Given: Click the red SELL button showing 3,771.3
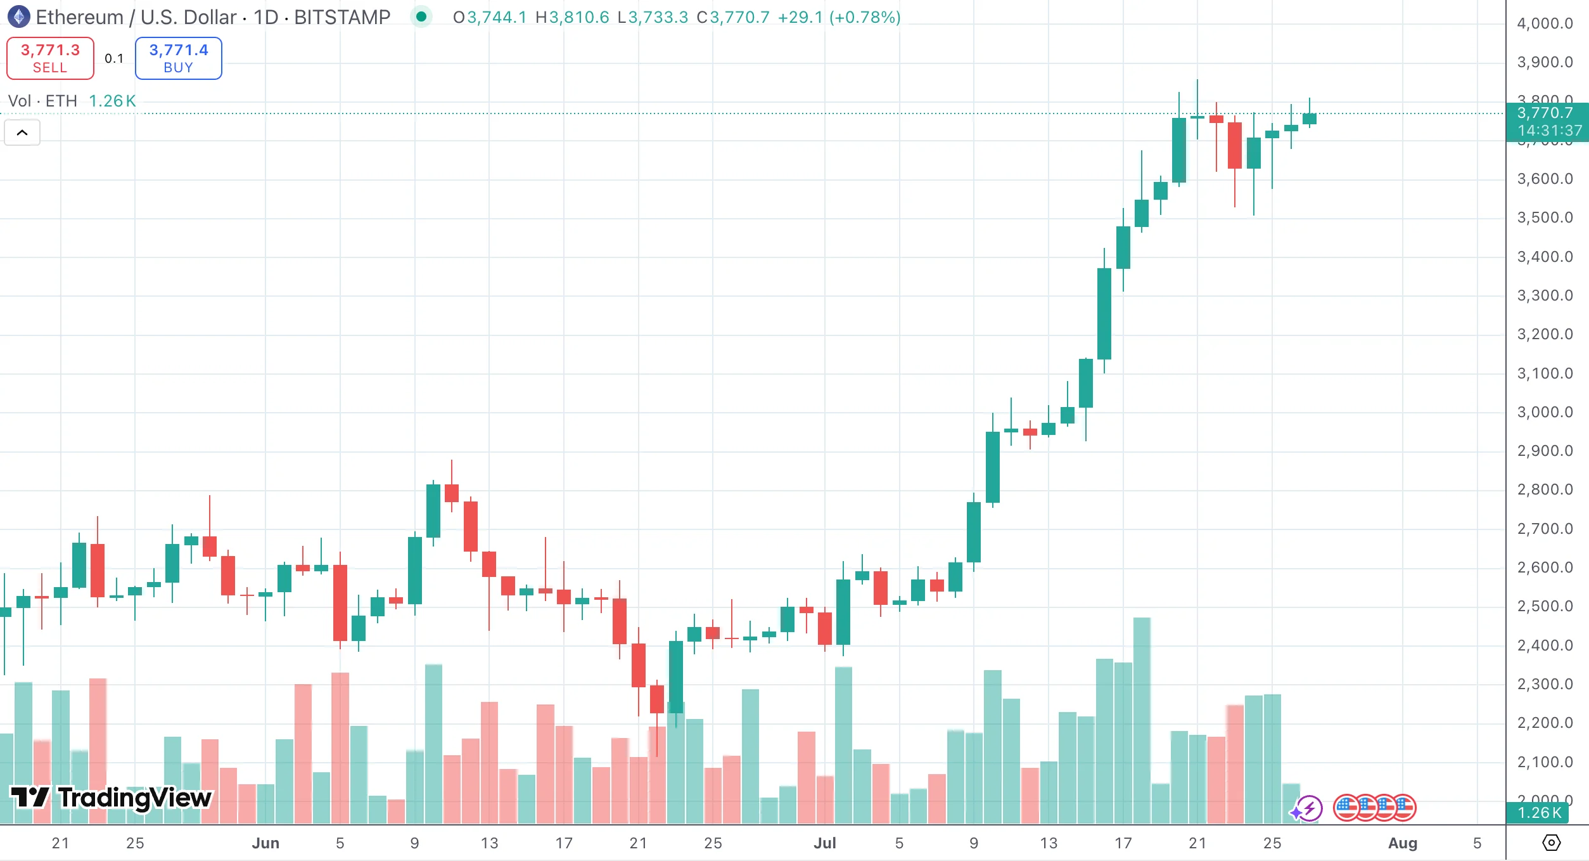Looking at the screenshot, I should click(x=50, y=58).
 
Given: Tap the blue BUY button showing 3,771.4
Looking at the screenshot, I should click(x=178, y=58).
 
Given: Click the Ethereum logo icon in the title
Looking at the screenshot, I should click(x=18, y=17).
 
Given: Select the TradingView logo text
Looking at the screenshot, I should click(x=112, y=798).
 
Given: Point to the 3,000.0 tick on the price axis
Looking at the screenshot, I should click(x=1545, y=412).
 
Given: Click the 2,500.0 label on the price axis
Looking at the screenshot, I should click(x=1545, y=606).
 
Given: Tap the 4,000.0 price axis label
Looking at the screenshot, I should click(x=1545, y=23).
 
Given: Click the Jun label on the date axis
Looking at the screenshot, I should click(x=265, y=843).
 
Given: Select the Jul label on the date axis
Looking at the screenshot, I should click(x=825, y=843).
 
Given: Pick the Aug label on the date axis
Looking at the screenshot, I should click(x=1403, y=843).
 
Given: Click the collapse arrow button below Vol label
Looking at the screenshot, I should click(x=22, y=133).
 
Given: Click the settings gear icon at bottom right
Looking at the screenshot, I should click(x=1551, y=843).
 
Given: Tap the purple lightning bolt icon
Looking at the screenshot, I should click(x=1309, y=808).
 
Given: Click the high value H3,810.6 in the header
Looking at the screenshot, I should click(x=572, y=17).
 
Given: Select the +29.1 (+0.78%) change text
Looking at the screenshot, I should click(x=839, y=17).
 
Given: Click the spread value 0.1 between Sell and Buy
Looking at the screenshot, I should click(x=114, y=58).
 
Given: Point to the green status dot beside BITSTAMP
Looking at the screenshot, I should click(x=421, y=17).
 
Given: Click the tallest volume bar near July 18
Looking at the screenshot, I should click(x=1142, y=720).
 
